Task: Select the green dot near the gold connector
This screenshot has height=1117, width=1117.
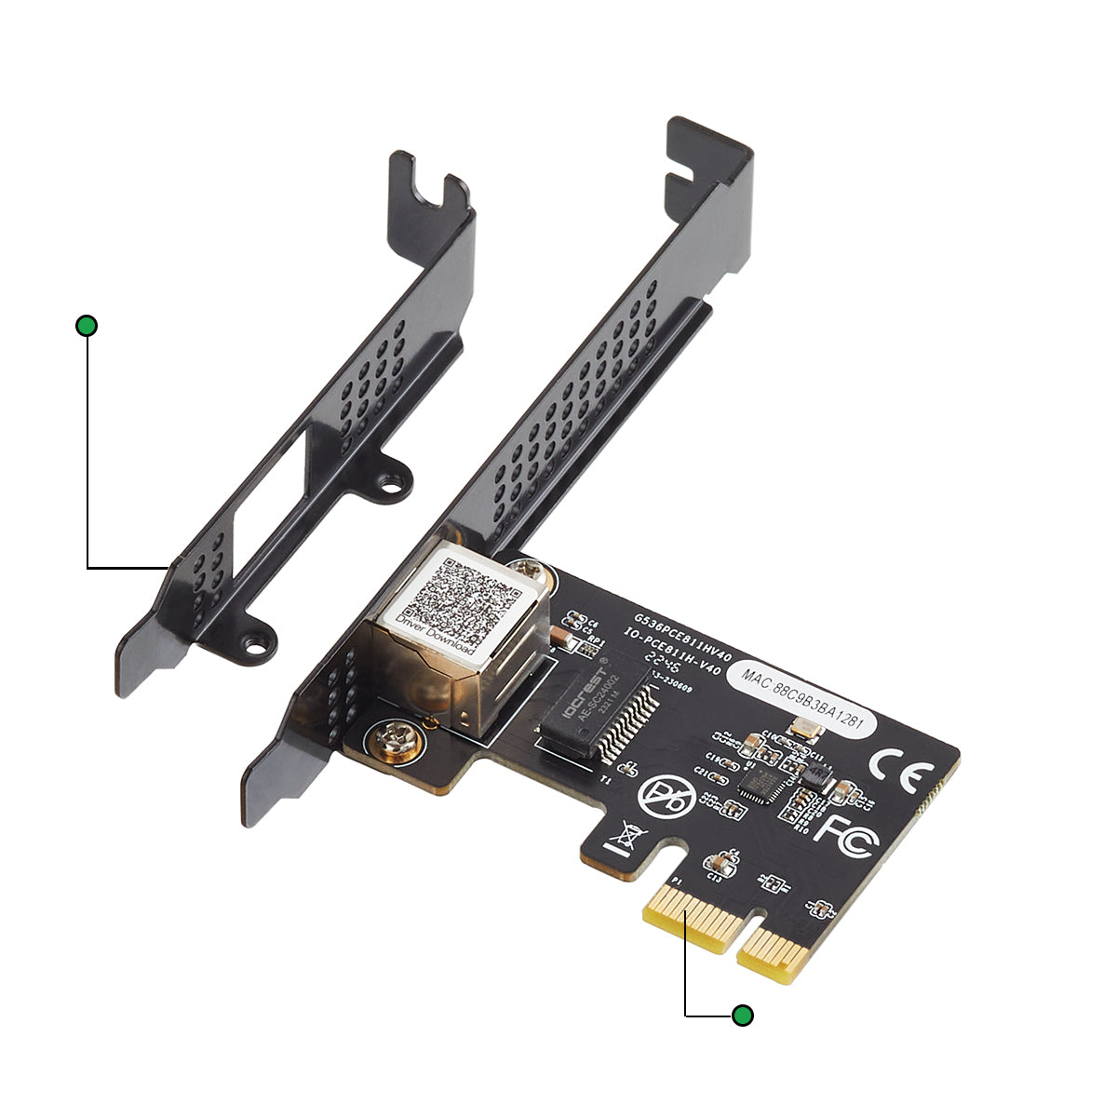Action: point(742,1016)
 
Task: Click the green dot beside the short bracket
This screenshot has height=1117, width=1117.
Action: point(87,326)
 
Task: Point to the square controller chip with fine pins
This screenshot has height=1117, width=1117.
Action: point(760,785)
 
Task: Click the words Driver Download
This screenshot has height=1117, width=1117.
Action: point(436,636)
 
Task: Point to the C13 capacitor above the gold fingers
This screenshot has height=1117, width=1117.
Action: point(718,865)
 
